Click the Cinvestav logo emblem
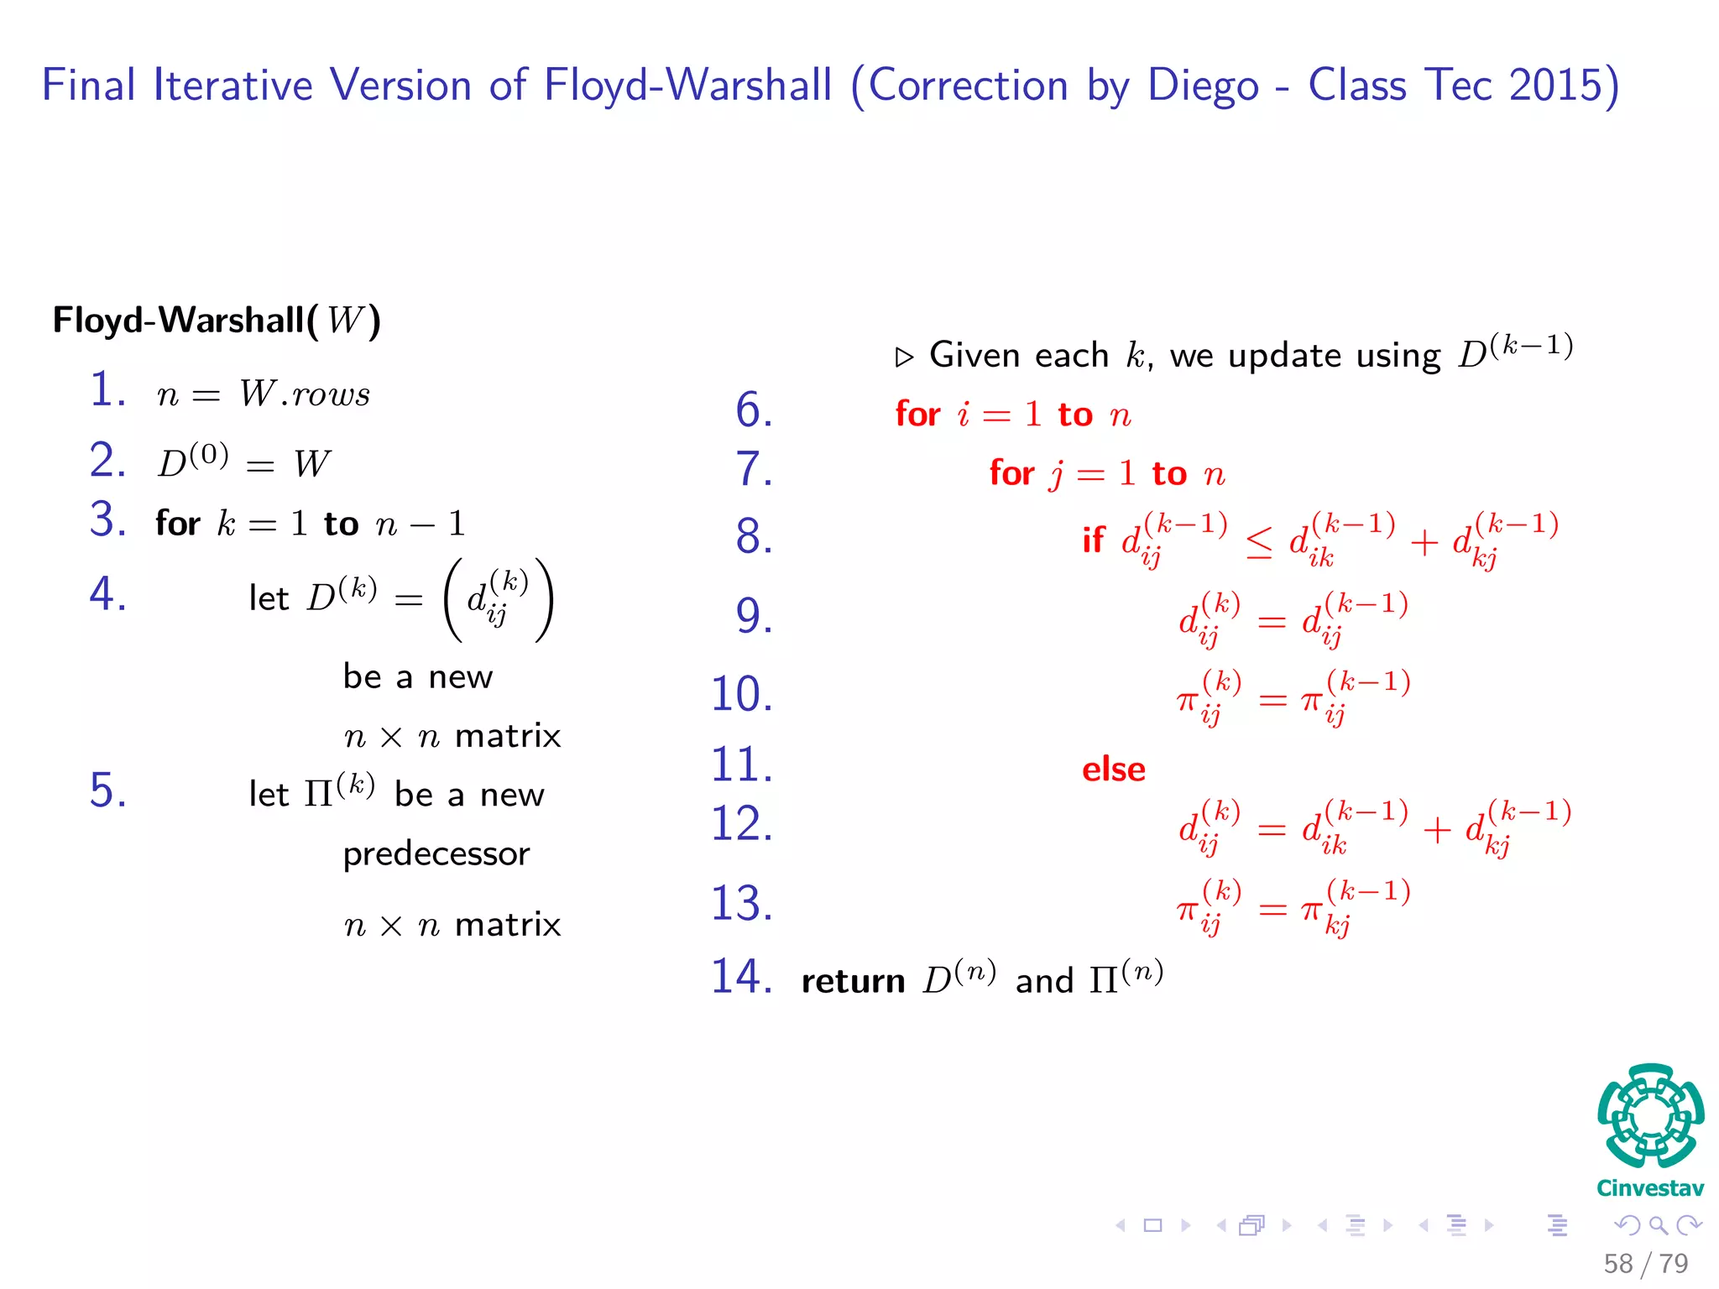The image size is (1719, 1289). [1650, 1115]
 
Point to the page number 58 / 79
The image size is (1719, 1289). [1645, 1263]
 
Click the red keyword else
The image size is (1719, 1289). [1113, 770]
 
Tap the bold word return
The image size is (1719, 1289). [853, 980]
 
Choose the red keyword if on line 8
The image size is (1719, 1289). [1093, 540]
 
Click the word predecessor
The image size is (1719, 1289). [436, 854]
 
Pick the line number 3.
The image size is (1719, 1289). [107, 519]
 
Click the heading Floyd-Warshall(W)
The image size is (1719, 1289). [217, 320]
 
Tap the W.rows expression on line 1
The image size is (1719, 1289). [305, 394]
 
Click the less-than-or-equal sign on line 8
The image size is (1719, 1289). [1258, 543]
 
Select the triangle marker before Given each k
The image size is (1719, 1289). [904, 357]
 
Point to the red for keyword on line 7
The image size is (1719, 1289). [1011, 473]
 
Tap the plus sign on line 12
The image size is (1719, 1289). [1436, 830]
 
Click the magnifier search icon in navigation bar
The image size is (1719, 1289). [1658, 1225]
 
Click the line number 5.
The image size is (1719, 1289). [107, 791]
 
